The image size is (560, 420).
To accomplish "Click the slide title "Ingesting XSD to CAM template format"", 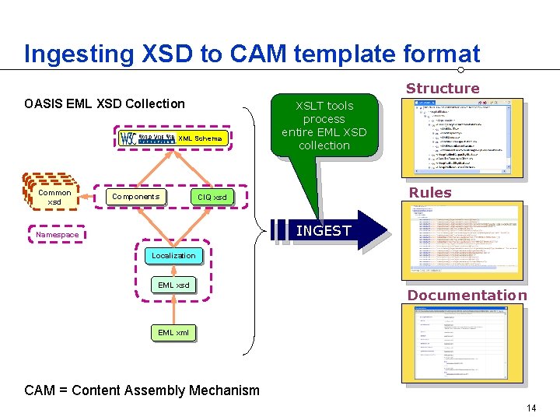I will tap(252, 54).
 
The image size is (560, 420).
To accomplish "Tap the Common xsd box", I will tap(54, 197).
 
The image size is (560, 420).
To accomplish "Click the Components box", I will tap(135, 197).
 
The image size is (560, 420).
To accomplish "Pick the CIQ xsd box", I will tap(212, 198).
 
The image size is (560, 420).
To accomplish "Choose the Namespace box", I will tap(57, 235).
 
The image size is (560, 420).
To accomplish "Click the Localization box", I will tap(173, 255).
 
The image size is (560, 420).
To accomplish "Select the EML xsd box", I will tap(173, 285).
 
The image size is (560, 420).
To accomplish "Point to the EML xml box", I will tap(173, 333).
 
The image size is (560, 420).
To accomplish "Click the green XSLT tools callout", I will tap(324, 126).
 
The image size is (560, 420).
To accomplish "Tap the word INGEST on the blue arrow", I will tap(324, 230).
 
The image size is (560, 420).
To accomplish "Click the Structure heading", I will tap(443, 89).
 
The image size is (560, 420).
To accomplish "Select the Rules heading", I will tap(430, 193).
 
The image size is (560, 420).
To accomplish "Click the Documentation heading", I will tap(467, 296).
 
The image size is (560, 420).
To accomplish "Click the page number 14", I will tap(532, 408).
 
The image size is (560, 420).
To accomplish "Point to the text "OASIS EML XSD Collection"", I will tap(104, 104).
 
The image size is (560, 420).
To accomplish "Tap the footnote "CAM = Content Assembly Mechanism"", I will tap(142, 390).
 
